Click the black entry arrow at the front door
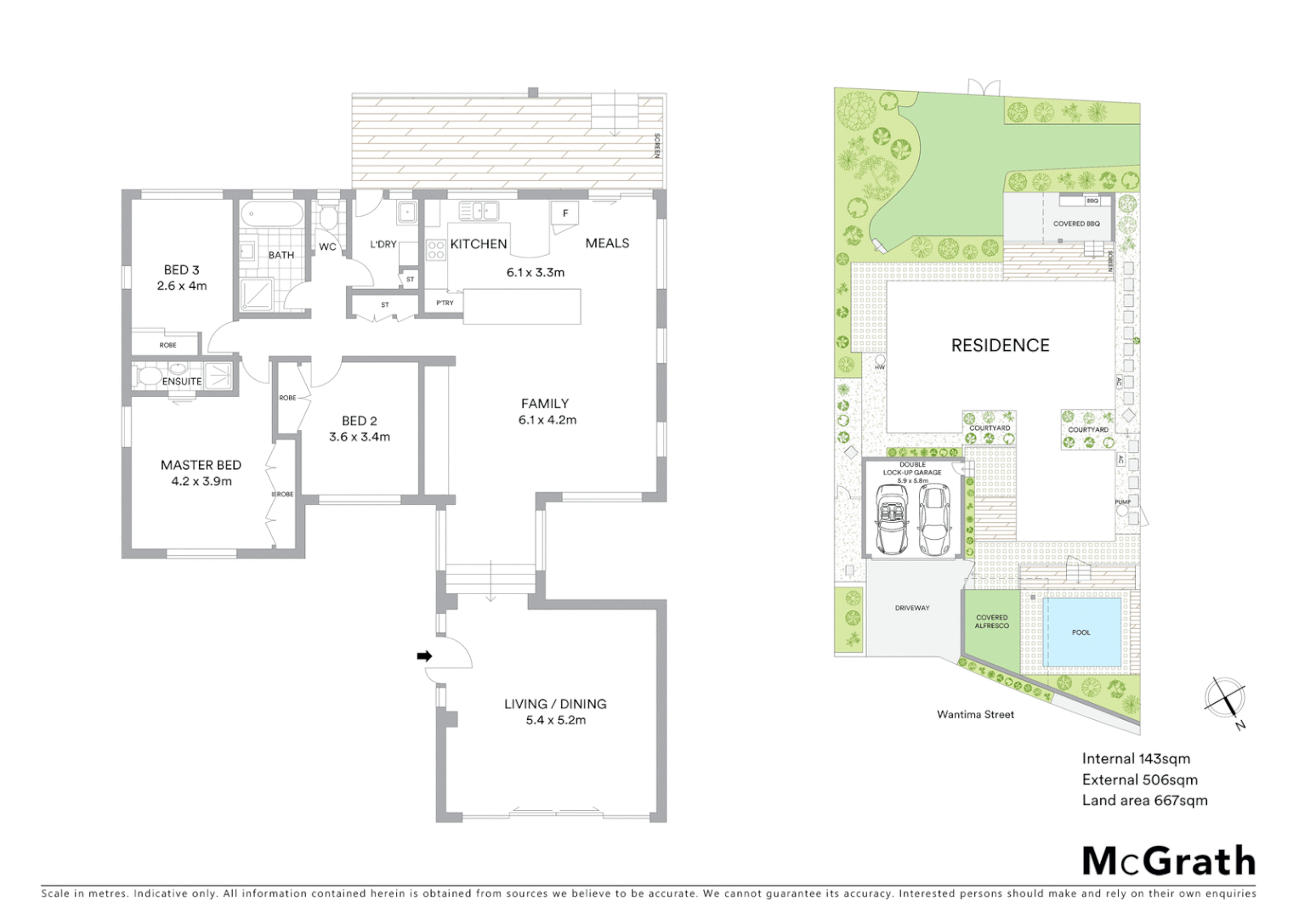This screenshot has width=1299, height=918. pyautogui.click(x=424, y=656)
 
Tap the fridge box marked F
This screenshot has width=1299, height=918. pyautogui.click(x=564, y=213)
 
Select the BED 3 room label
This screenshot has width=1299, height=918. pyautogui.click(x=181, y=269)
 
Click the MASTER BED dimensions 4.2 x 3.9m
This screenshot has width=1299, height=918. pyautogui.click(x=201, y=481)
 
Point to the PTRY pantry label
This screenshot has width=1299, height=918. pyautogui.click(x=445, y=303)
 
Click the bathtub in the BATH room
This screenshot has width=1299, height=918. pyautogui.click(x=271, y=215)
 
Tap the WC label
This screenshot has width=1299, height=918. pyautogui.click(x=327, y=247)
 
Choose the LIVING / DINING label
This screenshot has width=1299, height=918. pyautogui.click(x=555, y=704)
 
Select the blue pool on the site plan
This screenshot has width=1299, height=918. pyautogui.click(x=1081, y=632)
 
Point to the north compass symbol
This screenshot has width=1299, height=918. pyautogui.click(x=1226, y=700)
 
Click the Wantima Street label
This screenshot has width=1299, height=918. pyautogui.click(x=975, y=715)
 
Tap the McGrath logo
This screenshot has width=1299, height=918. pyautogui.click(x=1168, y=861)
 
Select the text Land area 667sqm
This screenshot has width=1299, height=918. pyautogui.click(x=1144, y=800)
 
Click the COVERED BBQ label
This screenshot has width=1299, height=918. pyautogui.click(x=1075, y=224)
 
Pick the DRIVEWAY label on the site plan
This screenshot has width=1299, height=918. pyautogui.click(x=911, y=608)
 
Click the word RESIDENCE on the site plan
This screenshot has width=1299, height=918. pyautogui.click(x=1000, y=345)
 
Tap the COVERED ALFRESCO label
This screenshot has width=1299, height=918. pyautogui.click(x=991, y=621)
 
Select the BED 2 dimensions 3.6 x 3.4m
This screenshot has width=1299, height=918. pyautogui.click(x=360, y=437)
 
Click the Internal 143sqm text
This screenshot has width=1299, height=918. pyautogui.click(x=1136, y=759)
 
